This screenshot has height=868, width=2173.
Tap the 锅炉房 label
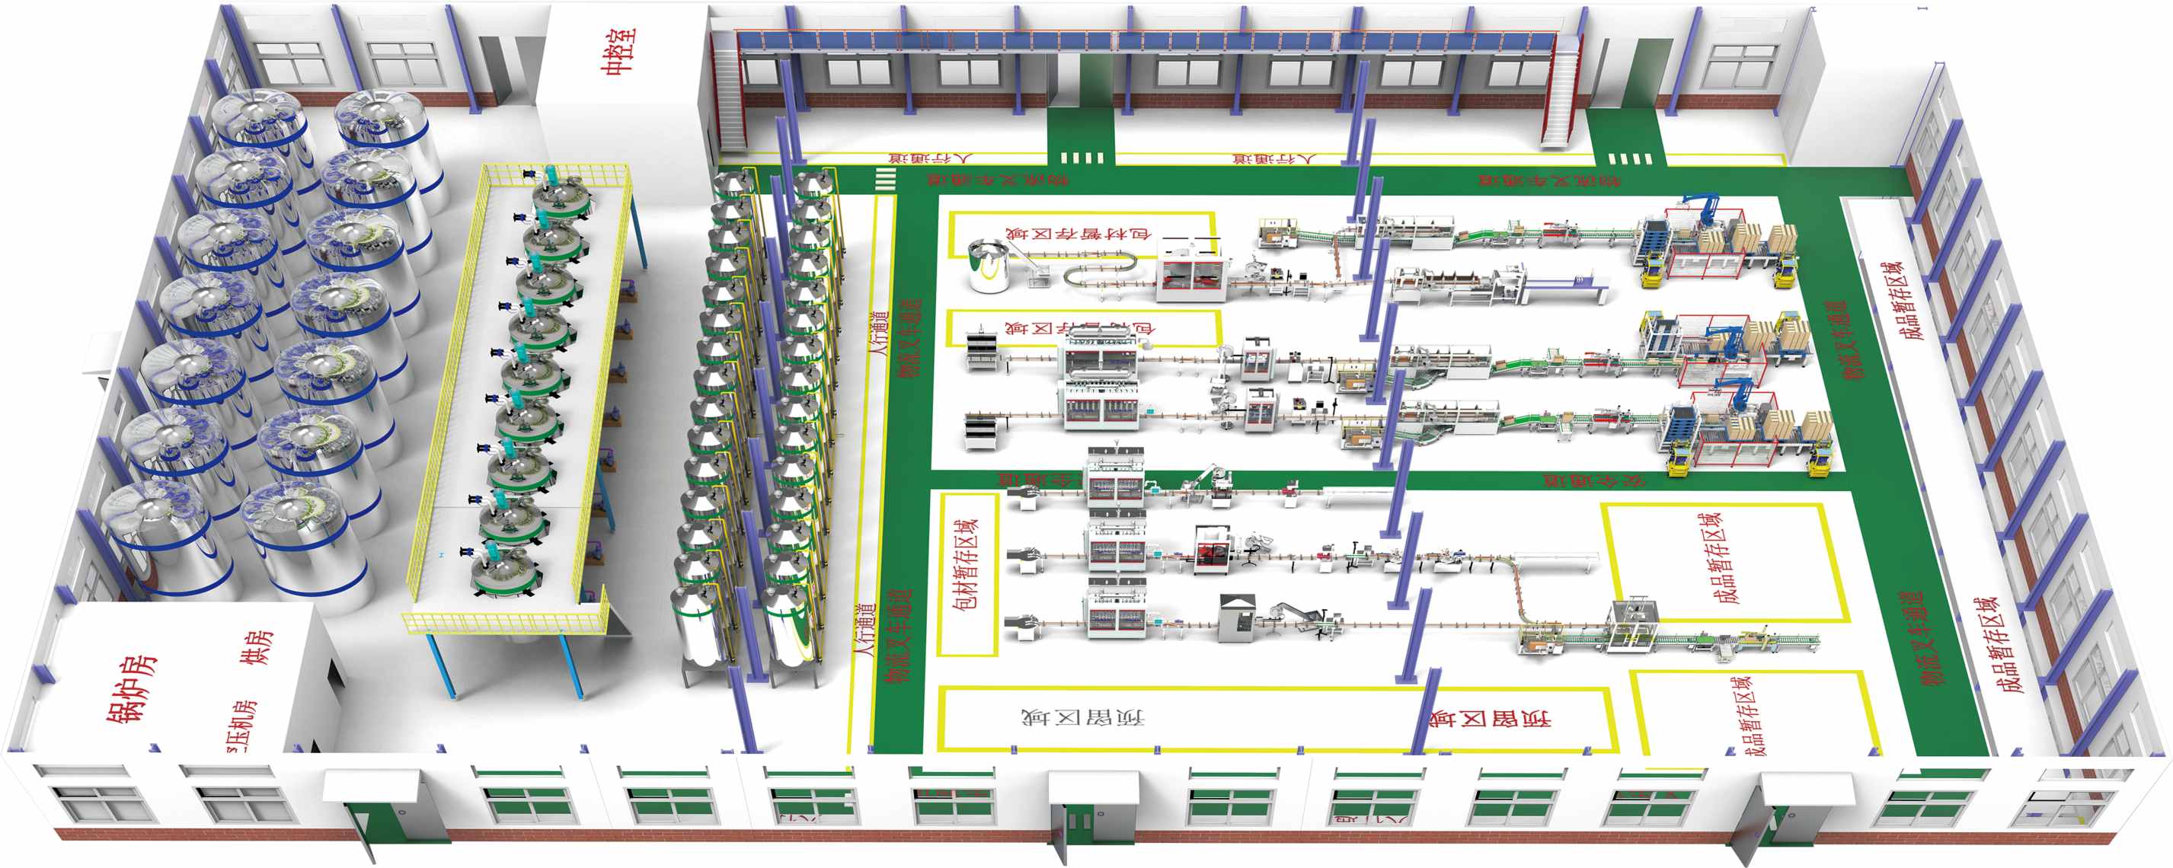point(131,688)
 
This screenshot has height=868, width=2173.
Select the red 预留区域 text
point(1489,720)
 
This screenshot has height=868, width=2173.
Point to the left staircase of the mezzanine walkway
point(728,97)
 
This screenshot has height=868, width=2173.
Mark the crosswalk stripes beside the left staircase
point(885,179)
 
